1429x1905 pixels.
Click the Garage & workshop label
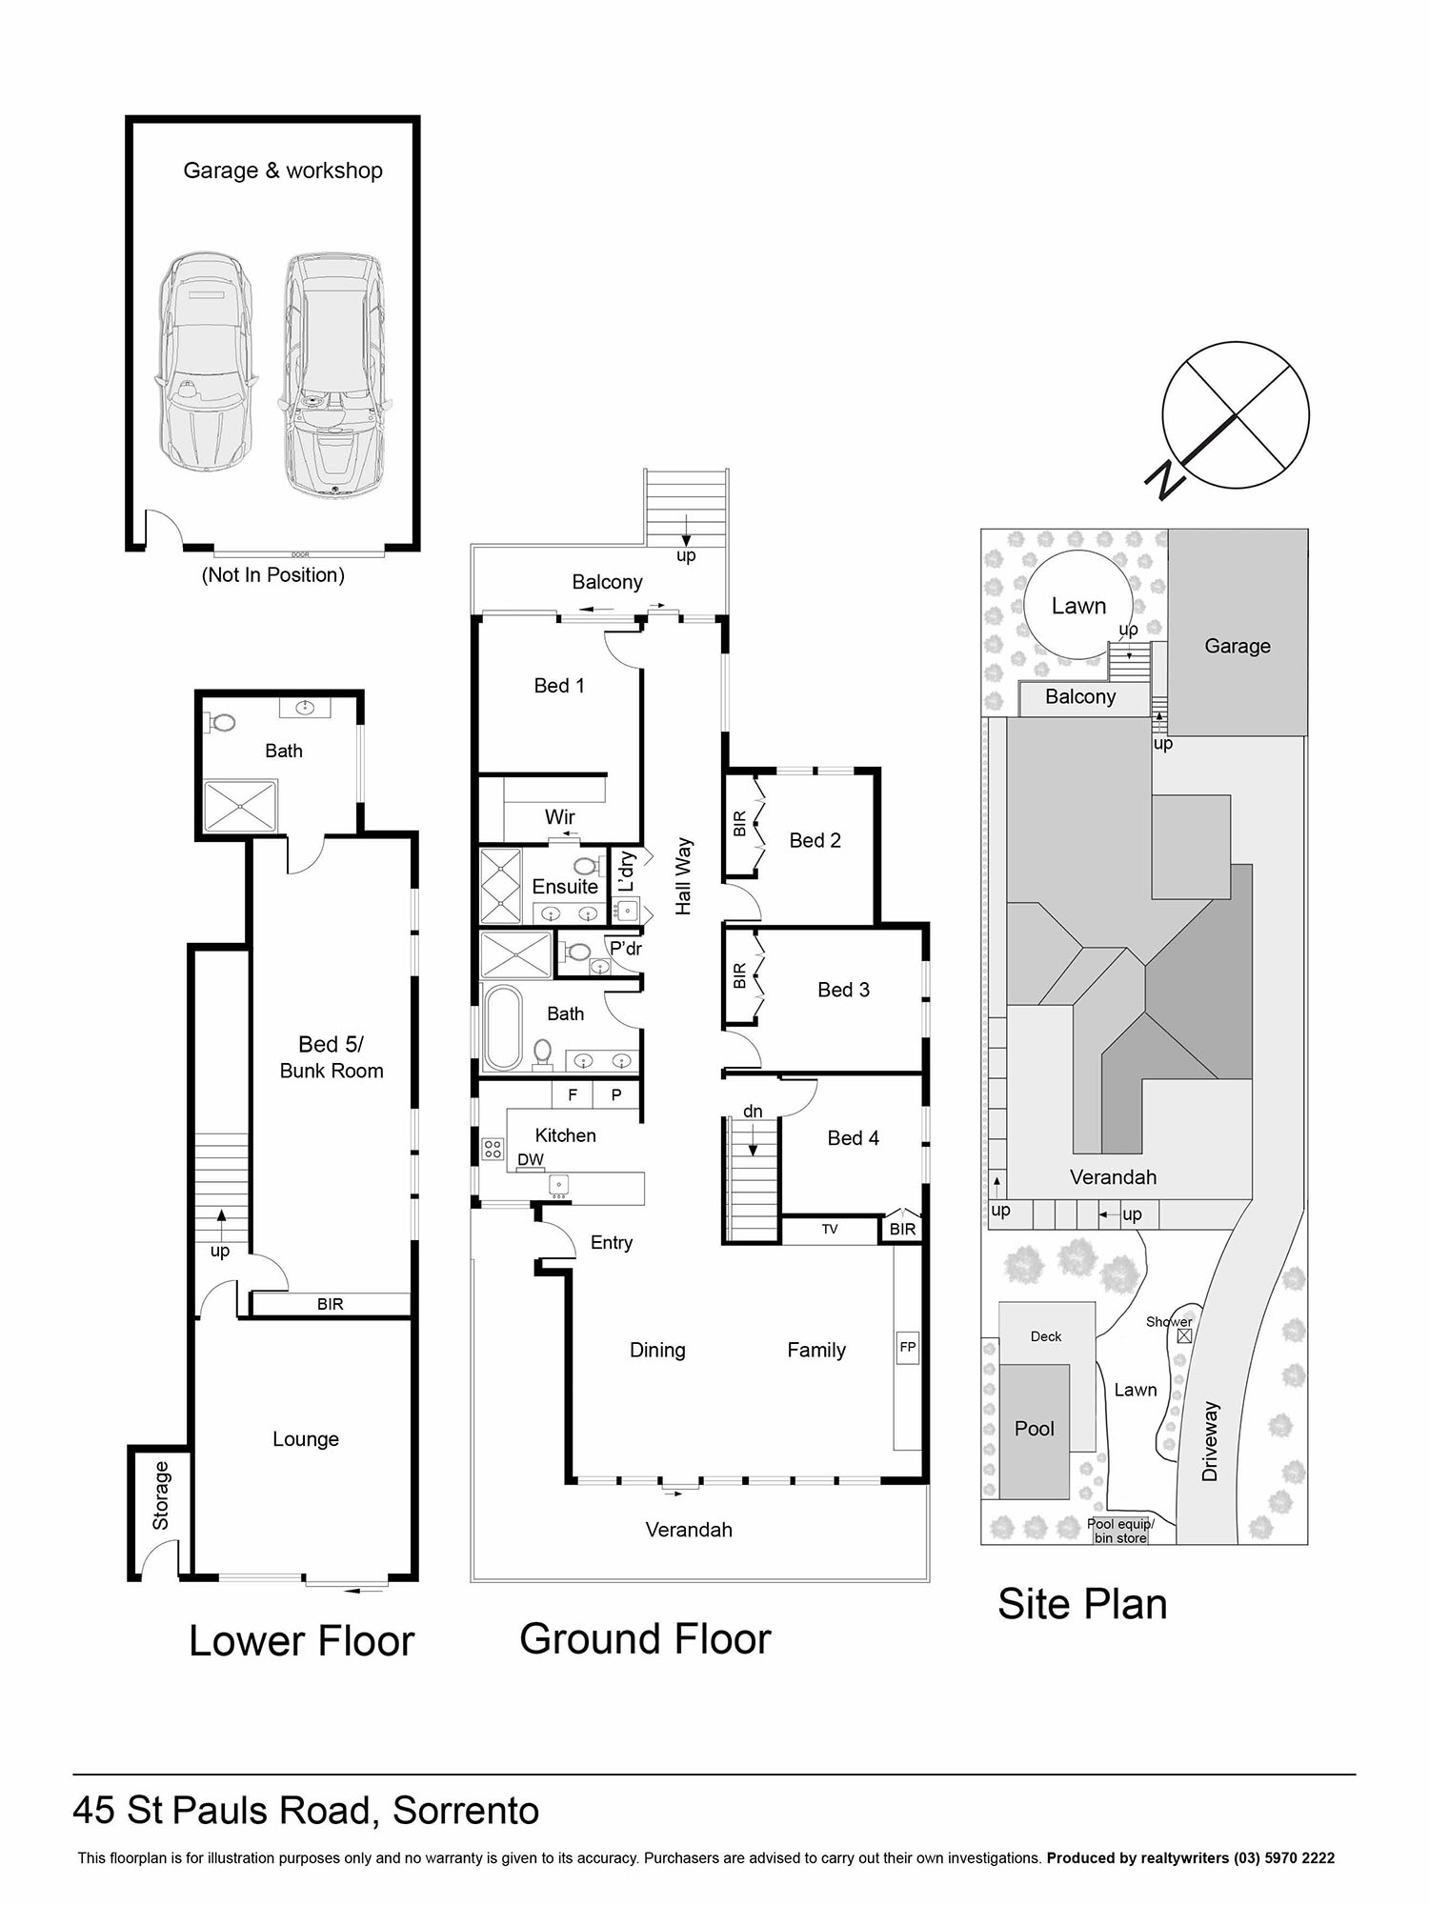pos(283,170)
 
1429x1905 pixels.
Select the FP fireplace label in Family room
pos(908,1347)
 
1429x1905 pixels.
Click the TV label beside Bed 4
pos(830,1230)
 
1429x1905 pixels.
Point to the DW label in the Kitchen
pos(531,1159)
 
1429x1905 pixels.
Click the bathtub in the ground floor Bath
pos(503,1028)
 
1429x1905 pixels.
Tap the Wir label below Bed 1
pos(560,816)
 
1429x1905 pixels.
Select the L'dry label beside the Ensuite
pos(626,872)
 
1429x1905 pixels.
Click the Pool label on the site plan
pos(1035,1429)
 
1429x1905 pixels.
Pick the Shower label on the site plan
pos(1169,1321)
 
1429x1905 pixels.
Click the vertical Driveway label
pos(1210,1440)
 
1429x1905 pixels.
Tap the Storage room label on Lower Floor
pos(161,1496)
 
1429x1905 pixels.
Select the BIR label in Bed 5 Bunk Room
pos(330,1304)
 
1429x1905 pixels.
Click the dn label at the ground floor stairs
pos(753,1112)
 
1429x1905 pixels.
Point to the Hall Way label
pos(683,876)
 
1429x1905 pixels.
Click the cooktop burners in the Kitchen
pos(493,1149)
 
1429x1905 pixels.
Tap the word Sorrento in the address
pos(466,1811)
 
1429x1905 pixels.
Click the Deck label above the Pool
pos(1046,1336)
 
